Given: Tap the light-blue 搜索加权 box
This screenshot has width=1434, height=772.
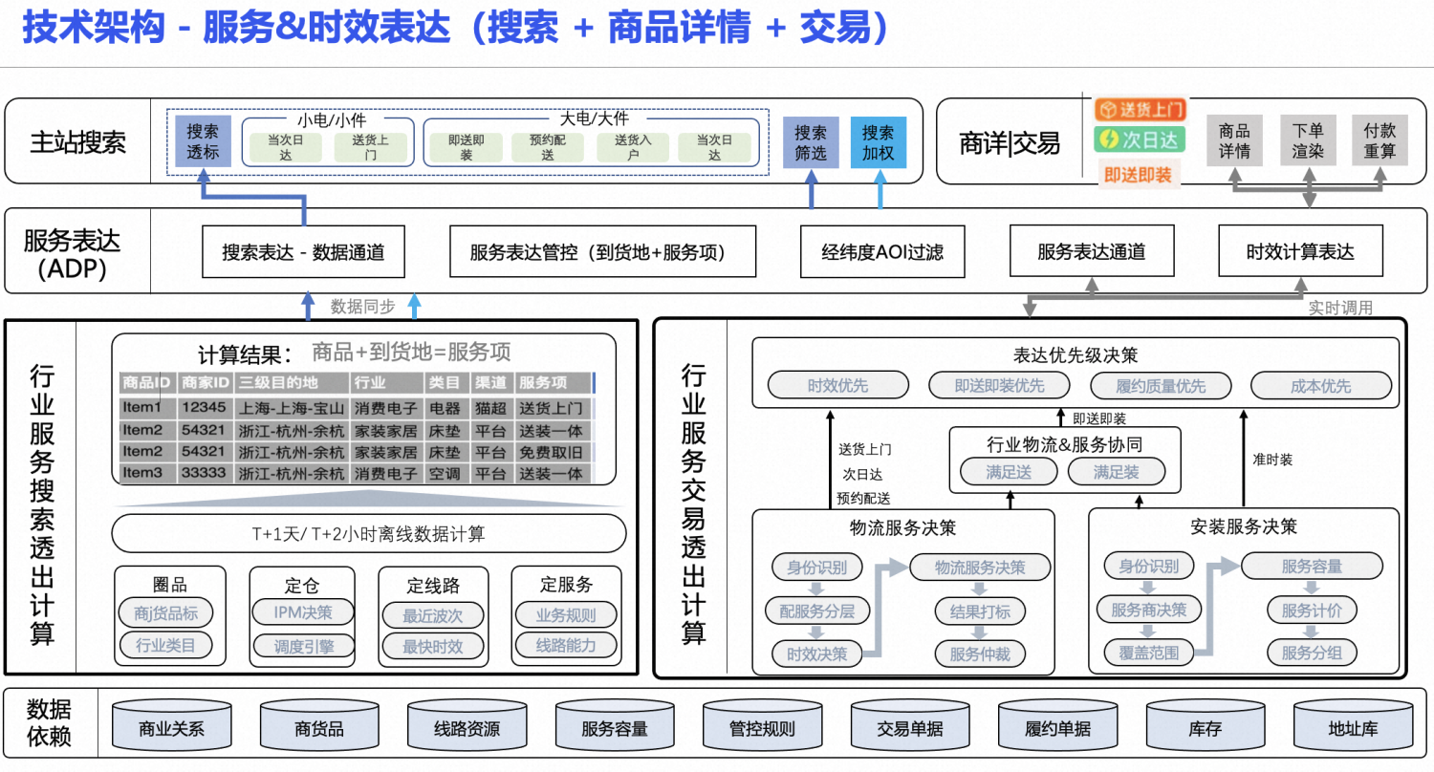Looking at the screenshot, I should (878, 142).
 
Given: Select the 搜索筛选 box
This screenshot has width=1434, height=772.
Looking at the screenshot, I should (811, 142).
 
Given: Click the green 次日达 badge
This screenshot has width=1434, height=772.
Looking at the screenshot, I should (1140, 139).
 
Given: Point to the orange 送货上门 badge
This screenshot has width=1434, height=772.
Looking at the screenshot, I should (1140, 109).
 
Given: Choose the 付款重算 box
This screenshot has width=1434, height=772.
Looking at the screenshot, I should (1380, 141).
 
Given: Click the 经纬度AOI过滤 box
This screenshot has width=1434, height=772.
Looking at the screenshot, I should (882, 252).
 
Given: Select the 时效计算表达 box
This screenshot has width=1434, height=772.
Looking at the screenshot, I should (1300, 252).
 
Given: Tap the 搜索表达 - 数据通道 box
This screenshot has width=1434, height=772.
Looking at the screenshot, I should (303, 252).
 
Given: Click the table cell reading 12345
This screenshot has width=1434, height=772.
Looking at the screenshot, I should (204, 408).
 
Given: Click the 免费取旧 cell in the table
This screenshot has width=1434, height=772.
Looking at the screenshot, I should (551, 451).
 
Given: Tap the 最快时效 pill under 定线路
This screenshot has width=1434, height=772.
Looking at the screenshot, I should (432, 646).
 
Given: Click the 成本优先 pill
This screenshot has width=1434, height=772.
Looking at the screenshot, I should (1320, 386).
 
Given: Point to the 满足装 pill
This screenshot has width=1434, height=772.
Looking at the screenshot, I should (1117, 471).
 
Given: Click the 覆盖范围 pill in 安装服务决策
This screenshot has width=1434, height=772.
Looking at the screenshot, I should (1148, 654).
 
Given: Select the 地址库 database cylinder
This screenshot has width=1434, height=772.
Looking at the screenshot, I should (1353, 729).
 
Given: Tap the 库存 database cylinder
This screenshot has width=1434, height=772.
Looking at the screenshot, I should (1206, 729).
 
